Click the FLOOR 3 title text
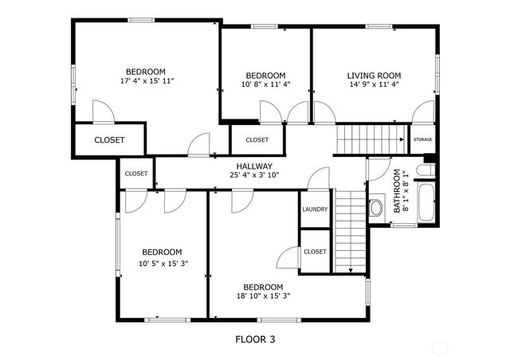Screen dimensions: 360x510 (255, 339)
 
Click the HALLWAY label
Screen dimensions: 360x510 (254, 166)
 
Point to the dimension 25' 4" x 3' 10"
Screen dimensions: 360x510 (254, 175)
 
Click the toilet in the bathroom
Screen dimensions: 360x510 (376, 208)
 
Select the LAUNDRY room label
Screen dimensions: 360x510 (315, 209)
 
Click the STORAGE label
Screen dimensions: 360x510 (422, 139)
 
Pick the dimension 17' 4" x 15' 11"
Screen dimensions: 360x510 (147, 81)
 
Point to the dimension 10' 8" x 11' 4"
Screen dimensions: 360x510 (265, 85)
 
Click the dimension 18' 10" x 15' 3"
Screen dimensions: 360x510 (263, 296)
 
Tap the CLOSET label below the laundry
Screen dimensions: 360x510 (315, 252)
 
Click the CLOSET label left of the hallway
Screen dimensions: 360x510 (135, 173)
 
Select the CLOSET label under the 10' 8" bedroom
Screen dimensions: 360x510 (257, 139)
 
